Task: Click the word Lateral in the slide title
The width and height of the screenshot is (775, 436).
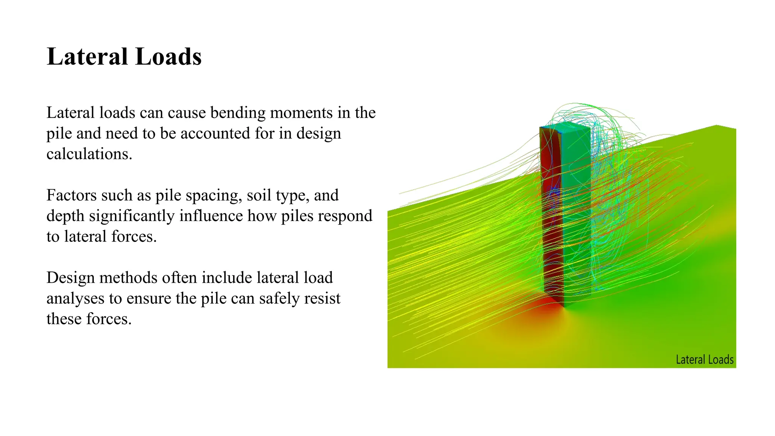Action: click(x=87, y=57)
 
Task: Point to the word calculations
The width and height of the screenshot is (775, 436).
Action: click(x=89, y=154)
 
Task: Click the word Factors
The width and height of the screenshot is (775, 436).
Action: click(x=71, y=195)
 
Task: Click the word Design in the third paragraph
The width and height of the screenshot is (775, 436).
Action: click(x=71, y=278)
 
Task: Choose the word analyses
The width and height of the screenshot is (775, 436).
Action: click(x=75, y=299)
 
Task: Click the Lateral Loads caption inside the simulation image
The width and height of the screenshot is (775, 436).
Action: click(x=705, y=360)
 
